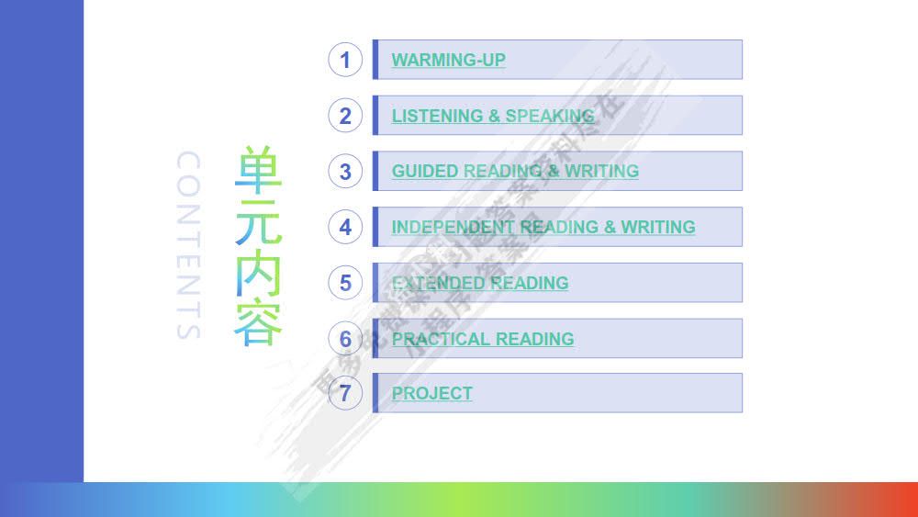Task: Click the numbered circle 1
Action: (345, 60)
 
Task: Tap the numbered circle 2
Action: (345, 116)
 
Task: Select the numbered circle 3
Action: (345, 172)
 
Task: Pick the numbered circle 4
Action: (345, 227)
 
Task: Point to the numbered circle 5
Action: (345, 283)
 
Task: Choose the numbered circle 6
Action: (345, 339)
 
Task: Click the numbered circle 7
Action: (345, 393)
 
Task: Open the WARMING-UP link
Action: (448, 61)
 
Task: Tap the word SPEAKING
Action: (550, 117)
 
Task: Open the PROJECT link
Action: (431, 394)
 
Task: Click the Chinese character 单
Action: (258, 169)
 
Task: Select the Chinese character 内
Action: (258, 272)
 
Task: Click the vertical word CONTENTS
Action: (187, 245)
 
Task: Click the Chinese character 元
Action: (258, 220)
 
